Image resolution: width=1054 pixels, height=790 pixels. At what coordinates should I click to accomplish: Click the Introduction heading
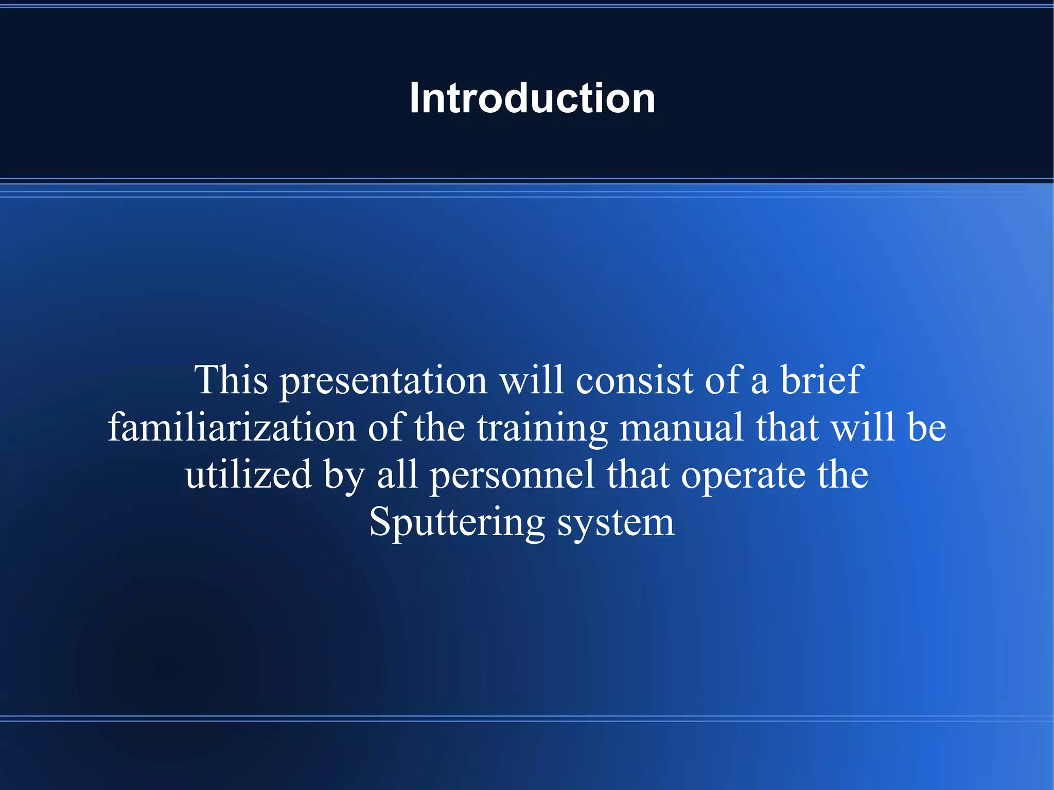click(532, 98)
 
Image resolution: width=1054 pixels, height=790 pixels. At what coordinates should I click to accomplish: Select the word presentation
click(383, 381)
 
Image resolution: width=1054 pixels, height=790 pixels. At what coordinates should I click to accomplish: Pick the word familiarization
click(232, 427)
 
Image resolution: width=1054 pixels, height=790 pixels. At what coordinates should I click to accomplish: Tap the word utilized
click(249, 475)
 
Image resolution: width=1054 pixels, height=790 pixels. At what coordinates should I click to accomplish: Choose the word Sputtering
click(456, 523)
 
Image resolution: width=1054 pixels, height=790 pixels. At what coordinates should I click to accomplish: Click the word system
click(616, 523)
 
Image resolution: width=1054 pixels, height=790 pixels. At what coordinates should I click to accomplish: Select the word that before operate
click(638, 475)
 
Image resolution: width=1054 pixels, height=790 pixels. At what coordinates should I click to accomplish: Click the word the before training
click(440, 427)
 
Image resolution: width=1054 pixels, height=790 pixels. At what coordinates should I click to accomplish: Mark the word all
click(397, 475)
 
